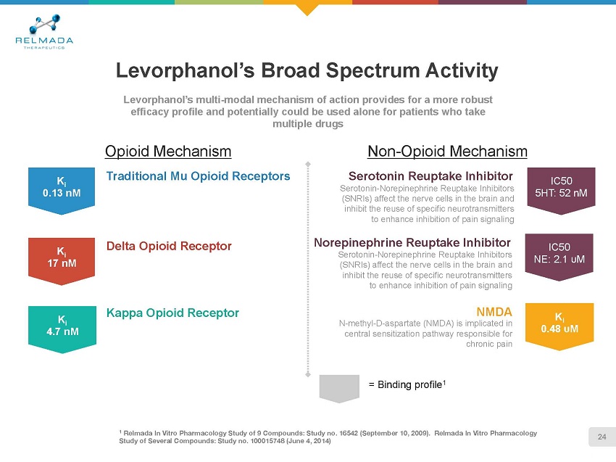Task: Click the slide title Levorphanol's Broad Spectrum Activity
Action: click(307, 70)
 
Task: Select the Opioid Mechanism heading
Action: click(168, 151)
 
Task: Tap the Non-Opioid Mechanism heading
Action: click(447, 151)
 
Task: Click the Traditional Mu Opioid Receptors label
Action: click(198, 176)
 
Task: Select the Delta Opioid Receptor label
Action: click(169, 246)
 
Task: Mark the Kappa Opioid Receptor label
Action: click(172, 313)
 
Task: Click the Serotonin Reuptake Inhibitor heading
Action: click(430, 176)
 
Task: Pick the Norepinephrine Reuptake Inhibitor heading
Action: click(412, 242)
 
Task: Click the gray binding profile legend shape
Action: click(341, 387)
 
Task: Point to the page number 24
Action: click(602, 435)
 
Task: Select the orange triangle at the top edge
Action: click(308, 8)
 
